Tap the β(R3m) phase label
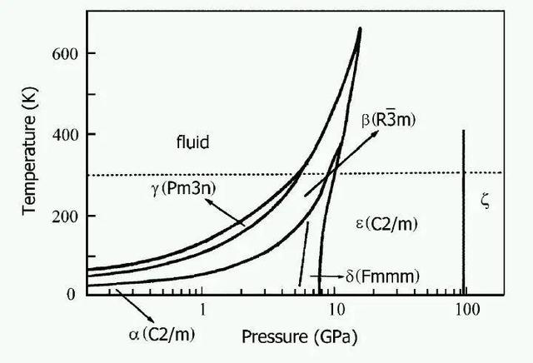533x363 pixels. pos(390,122)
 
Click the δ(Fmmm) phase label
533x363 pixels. pos(381,275)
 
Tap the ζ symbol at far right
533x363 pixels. pos(487,201)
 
